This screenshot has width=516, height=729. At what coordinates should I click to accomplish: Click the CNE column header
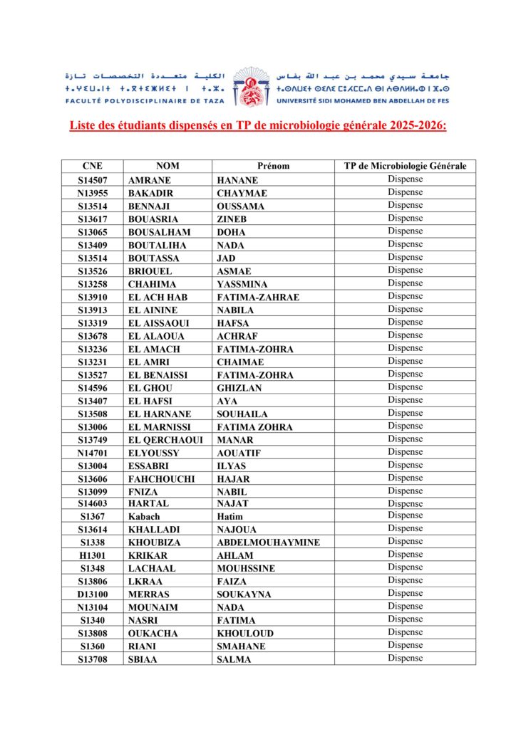(x=92, y=167)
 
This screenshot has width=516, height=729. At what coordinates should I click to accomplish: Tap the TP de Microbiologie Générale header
(x=405, y=167)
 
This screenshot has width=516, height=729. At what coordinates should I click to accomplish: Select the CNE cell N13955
(x=93, y=194)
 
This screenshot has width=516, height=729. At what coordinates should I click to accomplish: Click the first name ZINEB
(x=232, y=219)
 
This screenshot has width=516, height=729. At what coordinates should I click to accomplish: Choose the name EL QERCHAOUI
(x=165, y=440)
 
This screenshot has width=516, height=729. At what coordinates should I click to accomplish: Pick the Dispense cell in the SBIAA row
(x=405, y=659)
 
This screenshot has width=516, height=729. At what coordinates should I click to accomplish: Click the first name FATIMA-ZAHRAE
(x=258, y=298)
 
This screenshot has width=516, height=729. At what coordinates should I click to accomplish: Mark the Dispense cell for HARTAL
(x=405, y=503)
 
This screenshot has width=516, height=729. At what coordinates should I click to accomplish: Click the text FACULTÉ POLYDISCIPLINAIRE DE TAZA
(x=143, y=101)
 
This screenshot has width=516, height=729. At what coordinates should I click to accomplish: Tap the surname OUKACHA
(x=153, y=634)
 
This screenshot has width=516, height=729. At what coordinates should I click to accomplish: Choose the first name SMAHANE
(x=241, y=646)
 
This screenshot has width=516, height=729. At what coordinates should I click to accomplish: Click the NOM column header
(x=168, y=167)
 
